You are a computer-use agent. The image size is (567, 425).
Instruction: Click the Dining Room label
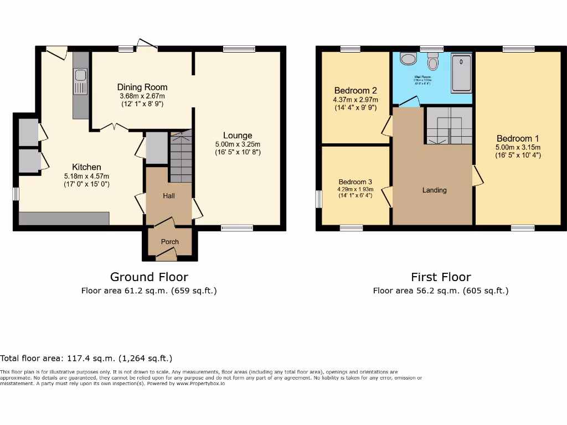click(x=142, y=87)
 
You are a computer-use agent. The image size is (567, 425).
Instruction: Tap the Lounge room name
click(x=238, y=136)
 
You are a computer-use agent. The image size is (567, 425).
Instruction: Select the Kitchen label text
click(x=86, y=167)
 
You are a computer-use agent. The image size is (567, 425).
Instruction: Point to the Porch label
click(x=170, y=242)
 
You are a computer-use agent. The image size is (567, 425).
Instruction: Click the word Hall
click(x=169, y=196)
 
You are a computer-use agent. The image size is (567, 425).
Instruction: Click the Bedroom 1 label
click(x=518, y=138)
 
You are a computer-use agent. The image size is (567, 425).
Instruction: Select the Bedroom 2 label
click(x=355, y=91)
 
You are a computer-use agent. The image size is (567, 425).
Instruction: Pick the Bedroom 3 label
click(x=355, y=182)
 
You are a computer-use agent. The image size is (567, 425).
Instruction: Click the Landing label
click(x=434, y=190)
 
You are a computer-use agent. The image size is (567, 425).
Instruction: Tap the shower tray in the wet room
click(x=461, y=72)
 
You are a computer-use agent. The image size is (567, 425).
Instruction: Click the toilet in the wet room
click(x=433, y=63)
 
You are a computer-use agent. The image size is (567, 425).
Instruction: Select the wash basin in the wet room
click(x=408, y=59)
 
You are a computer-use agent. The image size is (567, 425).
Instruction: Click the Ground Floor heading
click(x=149, y=277)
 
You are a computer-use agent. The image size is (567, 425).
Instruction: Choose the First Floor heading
click(x=441, y=277)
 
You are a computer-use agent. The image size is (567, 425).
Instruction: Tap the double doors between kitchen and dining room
click(x=114, y=128)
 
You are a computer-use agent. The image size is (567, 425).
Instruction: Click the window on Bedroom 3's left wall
click(x=319, y=199)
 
